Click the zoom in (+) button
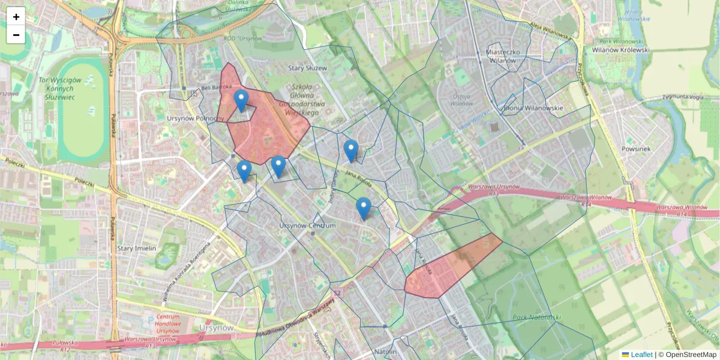point(16,16)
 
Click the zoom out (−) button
point(16,35)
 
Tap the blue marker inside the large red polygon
point(241,101)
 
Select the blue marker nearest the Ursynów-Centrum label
point(363,209)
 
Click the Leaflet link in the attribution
point(641,355)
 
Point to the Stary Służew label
point(307,68)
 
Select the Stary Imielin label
point(137,248)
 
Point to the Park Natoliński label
point(536,316)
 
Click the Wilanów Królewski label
point(620,50)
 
